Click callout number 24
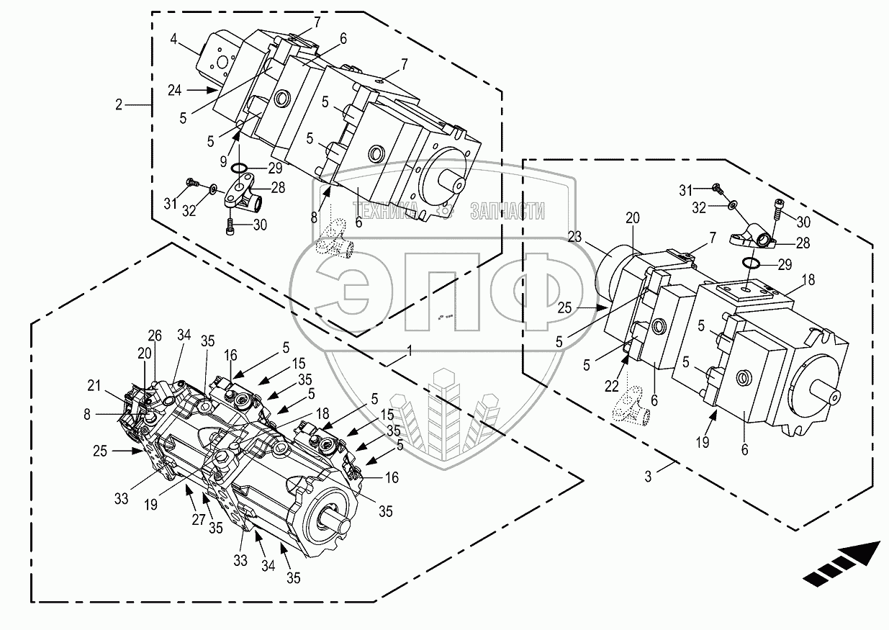click(175, 91)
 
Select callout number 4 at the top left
click(173, 40)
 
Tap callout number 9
click(223, 161)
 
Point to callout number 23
click(574, 237)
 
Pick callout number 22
click(612, 385)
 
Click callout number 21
click(94, 385)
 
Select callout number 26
click(155, 336)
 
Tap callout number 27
click(199, 520)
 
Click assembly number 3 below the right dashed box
click(648, 477)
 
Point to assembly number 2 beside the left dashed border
click(119, 105)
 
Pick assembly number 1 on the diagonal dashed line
click(410, 351)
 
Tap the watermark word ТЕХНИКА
click(385, 210)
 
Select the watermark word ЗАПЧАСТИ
click(507, 210)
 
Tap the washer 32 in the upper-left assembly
click(213, 188)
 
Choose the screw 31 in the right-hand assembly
click(716, 187)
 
